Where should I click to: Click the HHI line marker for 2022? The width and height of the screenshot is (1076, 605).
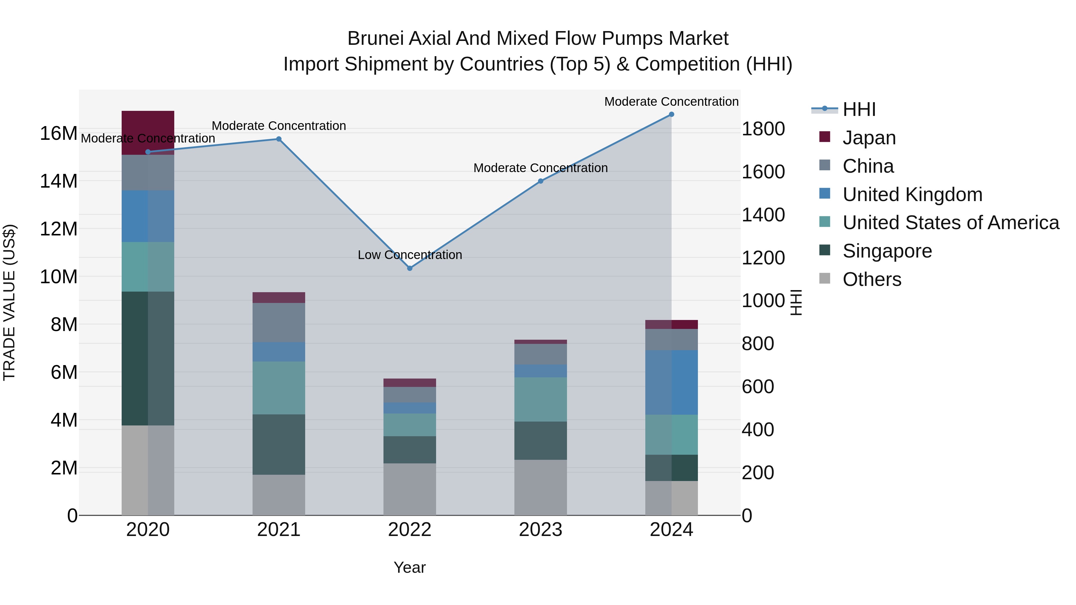(409, 268)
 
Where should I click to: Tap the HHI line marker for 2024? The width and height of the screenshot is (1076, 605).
(671, 114)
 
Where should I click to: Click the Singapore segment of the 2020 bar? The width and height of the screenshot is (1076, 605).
(148, 358)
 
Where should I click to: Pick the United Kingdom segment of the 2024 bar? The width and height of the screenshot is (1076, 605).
(671, 382)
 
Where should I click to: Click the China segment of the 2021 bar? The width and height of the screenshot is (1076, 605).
(279, 322)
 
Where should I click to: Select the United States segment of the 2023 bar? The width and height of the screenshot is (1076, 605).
(540, 399)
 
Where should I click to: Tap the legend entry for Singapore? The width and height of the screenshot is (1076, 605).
(887, 251)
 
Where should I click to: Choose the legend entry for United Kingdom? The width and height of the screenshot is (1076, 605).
(912, 194)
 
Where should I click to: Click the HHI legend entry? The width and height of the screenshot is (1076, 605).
(859, 109)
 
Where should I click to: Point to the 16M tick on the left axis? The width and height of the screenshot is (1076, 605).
(59, 134)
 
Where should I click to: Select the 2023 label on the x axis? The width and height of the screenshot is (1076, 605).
(540, 530)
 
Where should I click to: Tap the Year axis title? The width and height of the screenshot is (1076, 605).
(409, 567)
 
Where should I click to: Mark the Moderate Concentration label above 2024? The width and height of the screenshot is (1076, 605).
(671, 102)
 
